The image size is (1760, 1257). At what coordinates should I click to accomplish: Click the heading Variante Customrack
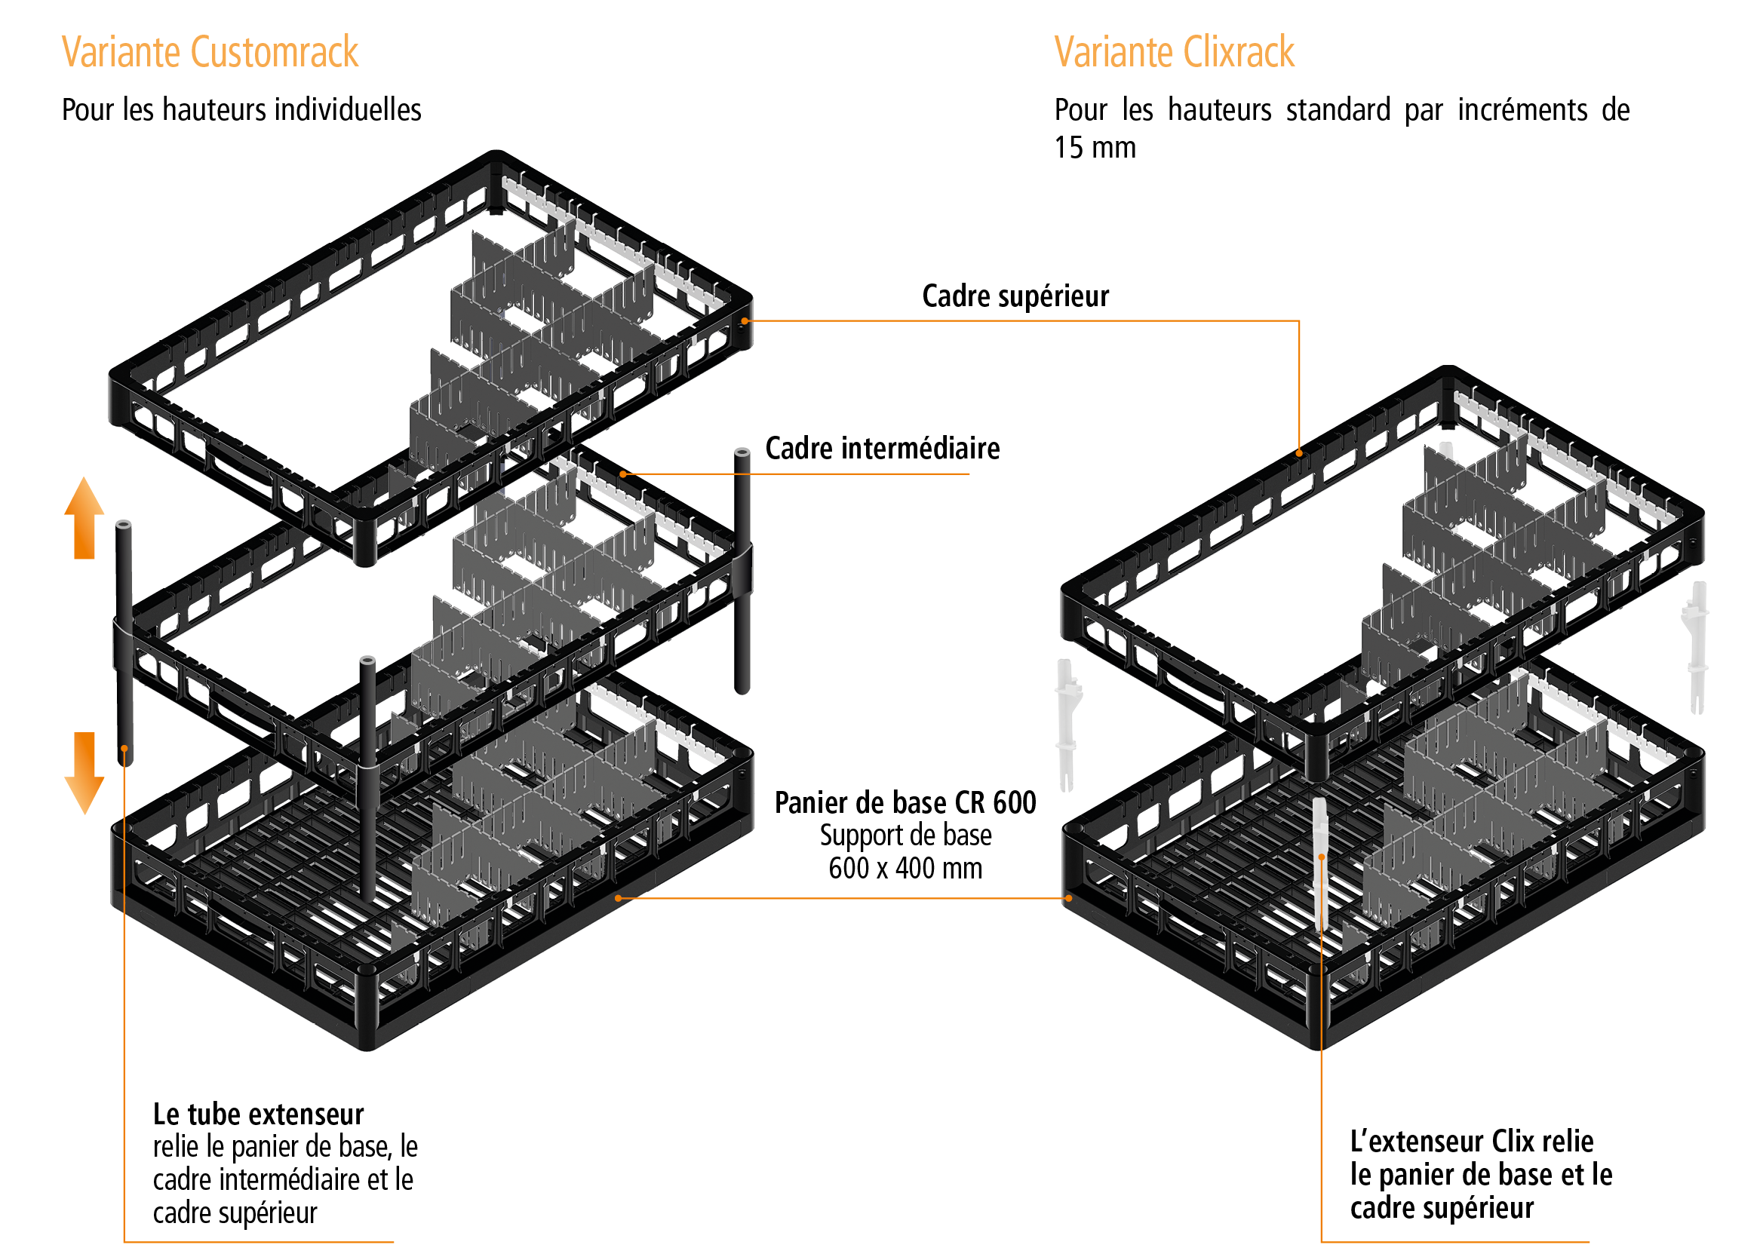pos(209,53)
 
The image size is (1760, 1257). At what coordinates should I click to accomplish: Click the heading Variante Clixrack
pos(1173,53)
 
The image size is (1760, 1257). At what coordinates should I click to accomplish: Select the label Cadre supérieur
pos(1015,296)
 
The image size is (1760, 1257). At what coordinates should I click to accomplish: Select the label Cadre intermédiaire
pos(882,449)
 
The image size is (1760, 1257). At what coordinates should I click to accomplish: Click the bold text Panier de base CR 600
pos(905,803)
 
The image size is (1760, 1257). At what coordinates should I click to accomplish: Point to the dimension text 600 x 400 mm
pos(905,869)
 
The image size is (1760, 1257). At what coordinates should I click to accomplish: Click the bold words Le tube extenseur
pos(258,1114)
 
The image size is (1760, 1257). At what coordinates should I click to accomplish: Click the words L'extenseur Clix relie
pos(1471,1142)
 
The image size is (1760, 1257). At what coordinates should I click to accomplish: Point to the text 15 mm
pos(1094,148)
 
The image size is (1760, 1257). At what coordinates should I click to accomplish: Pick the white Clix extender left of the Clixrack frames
pos(1067,724)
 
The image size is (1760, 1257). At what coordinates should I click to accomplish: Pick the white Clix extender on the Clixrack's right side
pos(1696,646)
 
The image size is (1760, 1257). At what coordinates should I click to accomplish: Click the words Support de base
pos(905,836)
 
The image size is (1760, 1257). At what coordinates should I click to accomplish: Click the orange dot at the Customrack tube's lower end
pos(124,749)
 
